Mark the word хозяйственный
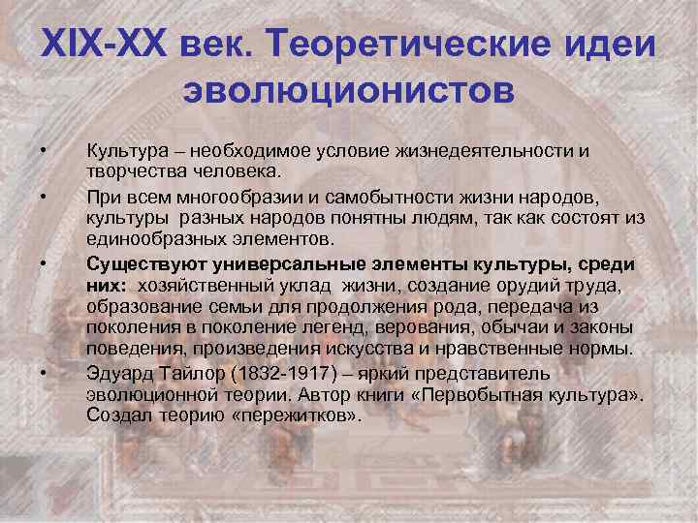204,286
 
